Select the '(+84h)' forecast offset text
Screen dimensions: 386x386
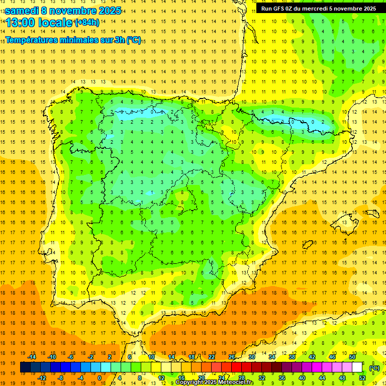[x=87, y=23]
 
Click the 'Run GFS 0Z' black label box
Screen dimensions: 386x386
[x=319, y=9]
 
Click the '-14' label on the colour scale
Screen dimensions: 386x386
[x=32, y=357]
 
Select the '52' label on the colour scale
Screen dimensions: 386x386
[x=362, y=378]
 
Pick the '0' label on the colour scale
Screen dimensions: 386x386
[x=99, y=378]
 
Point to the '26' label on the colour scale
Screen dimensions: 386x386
[x=232, y=357]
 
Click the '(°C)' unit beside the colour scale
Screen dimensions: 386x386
[x=374, y=367]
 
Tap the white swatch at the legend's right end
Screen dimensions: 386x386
[x=357, y=367]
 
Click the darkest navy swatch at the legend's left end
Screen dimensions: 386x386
[x=25, y=367]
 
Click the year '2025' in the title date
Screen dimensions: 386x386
[x=106, y=11]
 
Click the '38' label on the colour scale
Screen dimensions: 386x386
[x=292, y=357]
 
